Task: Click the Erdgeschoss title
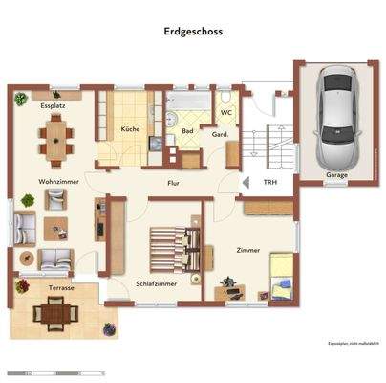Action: (193, 30)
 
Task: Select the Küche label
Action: (131, 129)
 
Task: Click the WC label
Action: (226, 113)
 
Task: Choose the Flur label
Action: (173, 183)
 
